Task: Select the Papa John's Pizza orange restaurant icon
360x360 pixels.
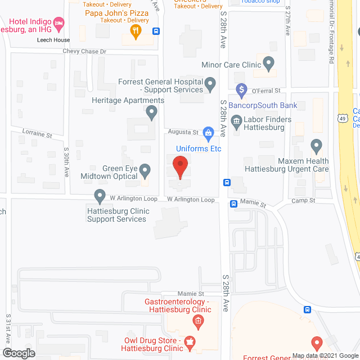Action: coord(135,33)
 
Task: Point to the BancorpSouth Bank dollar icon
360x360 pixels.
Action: coord(241,89)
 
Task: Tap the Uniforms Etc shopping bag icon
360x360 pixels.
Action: coord(208,134)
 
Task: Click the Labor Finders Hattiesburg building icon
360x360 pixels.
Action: coord(236,120)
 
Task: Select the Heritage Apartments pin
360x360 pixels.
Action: coord(151,113)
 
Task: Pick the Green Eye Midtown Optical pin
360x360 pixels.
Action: coord(145,170)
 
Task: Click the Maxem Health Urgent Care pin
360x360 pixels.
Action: coord(316,146)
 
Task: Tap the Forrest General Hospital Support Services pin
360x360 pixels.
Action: coord(210,85)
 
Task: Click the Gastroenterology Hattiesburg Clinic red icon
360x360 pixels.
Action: coord(197,322)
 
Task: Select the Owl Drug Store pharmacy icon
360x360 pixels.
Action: coord(190,341)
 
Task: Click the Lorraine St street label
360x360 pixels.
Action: coord(37,135)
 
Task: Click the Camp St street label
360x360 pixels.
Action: coord(303,201)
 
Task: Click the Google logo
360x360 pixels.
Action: coord(18,353)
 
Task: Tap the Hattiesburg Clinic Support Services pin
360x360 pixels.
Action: coord(100,196)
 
